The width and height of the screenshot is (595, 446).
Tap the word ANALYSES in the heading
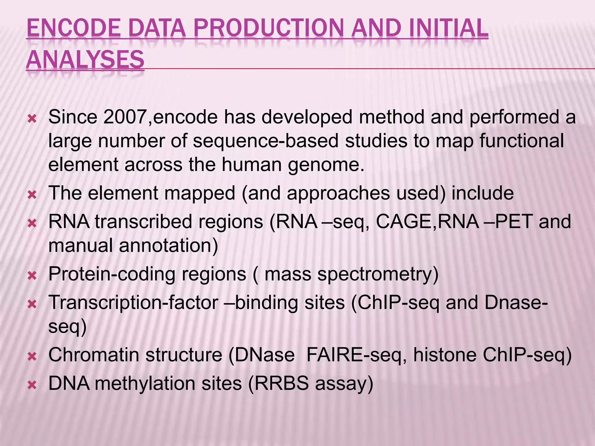85,60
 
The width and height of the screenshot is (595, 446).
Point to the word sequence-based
266,141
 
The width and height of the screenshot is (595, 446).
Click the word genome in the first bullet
326,165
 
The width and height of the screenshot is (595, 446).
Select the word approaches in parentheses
338,193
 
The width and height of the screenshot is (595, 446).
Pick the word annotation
168,245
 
